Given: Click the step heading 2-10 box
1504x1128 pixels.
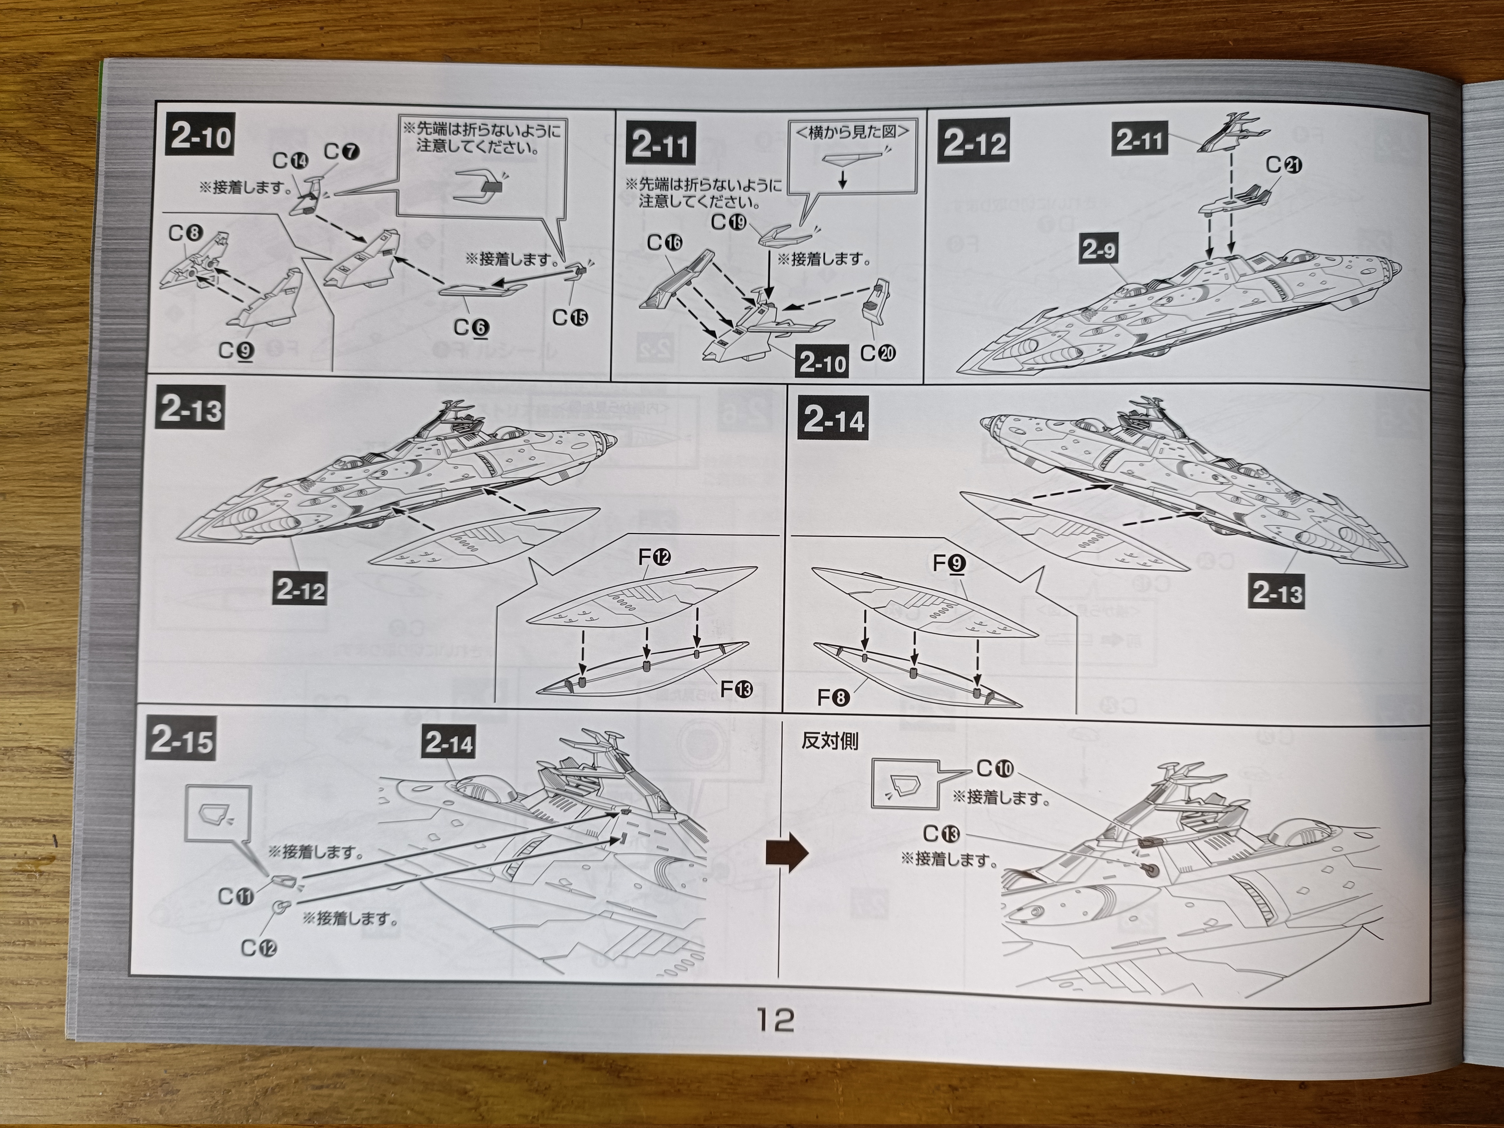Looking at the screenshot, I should (x=201, y=138).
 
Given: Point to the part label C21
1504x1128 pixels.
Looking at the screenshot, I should (x=1284, y=165).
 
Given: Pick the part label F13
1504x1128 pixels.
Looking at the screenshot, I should (x=736, y=690).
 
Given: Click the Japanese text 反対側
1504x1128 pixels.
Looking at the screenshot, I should (x=829, y=741).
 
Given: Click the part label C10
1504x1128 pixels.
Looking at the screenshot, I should (x=995, y=769).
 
